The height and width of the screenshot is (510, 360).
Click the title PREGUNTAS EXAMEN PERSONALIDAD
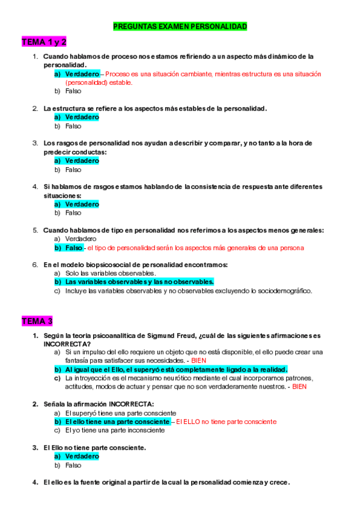[x=180, y=26]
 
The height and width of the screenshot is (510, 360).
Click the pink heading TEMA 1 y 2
[x=44, y=41]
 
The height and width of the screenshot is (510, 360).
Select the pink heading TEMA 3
[x=37, y=320]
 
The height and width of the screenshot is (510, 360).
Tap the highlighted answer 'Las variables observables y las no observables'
[x=138, y=281]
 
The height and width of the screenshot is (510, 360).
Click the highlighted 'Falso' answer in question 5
[x=73, y=247]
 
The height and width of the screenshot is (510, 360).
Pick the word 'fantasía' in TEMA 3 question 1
[x=77, y=360]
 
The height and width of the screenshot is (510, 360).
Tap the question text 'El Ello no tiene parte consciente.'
[x=94, y=447]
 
